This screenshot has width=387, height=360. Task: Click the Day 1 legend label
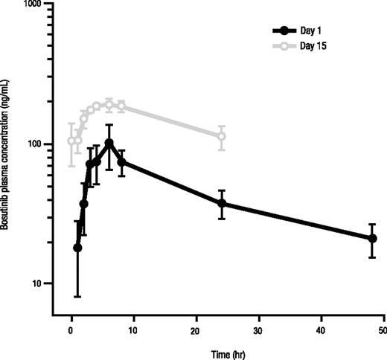[313, 30]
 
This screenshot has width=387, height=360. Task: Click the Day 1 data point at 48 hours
[372, 238]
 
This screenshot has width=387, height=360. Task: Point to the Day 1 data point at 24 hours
[222, 203]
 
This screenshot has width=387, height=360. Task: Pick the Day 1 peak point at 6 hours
[109, 143]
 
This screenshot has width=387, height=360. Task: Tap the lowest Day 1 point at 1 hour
[77, 248]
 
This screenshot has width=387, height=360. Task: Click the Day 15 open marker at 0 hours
[71, 141]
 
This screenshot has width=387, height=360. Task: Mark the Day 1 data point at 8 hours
[121, 161]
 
